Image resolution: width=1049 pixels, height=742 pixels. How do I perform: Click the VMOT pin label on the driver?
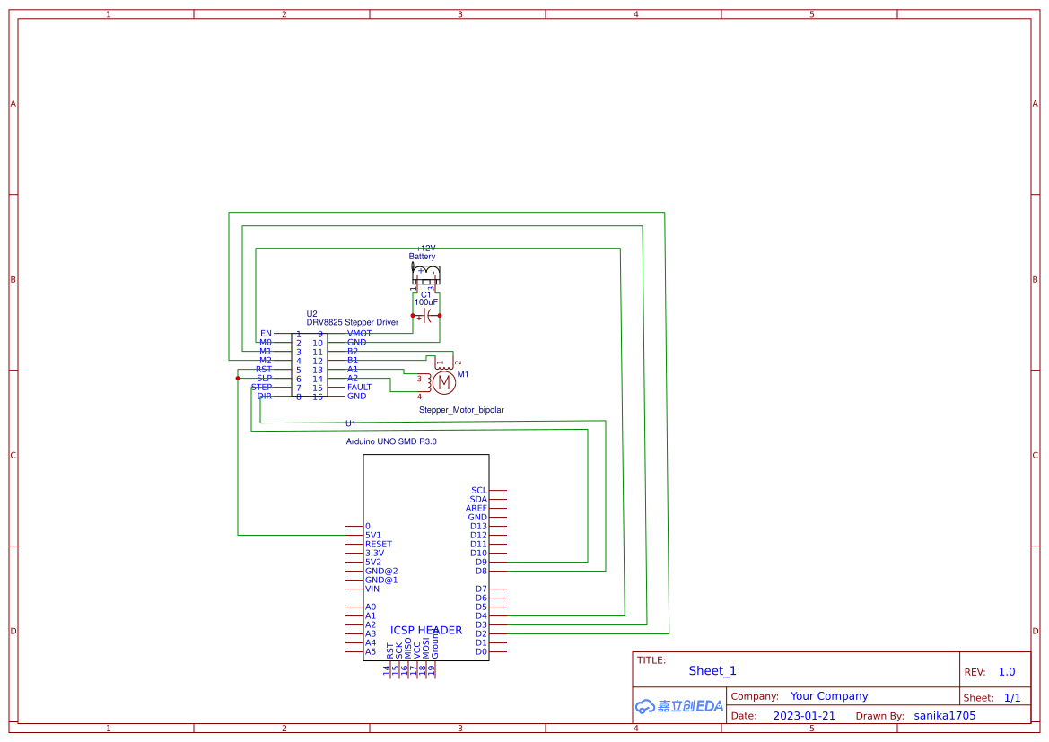click(x=359, y=334)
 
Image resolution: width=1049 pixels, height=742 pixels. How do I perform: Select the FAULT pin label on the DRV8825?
click(x=359, y=388)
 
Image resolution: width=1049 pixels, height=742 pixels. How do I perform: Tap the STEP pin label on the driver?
click(x=261, y=388)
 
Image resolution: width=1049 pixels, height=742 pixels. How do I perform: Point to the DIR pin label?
click(x=264, y=397)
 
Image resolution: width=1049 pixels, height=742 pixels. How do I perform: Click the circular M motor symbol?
click(x=445, y=382)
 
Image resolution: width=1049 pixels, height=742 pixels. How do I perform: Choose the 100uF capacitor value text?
click(x=426, y=303)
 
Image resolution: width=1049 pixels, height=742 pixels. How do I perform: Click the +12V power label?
click(x=425, y=249)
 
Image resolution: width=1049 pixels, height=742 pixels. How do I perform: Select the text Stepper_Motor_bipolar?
click(x=461, y=410)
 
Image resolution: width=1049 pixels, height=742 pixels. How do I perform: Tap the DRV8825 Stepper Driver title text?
click(x=352, y=322)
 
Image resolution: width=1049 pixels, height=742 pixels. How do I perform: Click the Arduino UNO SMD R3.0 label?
click(x=391, y=441)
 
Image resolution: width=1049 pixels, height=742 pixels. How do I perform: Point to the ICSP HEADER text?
click(x=426, y=631)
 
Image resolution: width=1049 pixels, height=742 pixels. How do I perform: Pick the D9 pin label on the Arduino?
click(x=481, y=563)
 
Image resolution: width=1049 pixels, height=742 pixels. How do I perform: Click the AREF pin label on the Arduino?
click(x=476, y=509)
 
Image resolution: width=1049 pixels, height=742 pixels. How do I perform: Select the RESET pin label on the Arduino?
click(x=378, y=545)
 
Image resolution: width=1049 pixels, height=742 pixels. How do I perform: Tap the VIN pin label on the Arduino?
click(x=372, y=589)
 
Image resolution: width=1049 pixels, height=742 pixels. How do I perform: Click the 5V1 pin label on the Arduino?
click(x=373, y=536)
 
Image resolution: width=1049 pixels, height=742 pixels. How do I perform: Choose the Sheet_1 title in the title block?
click(x=712, y=671)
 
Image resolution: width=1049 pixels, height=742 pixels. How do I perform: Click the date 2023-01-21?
click(x=804, y=716)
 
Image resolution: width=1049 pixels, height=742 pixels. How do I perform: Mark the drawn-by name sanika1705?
click(x=944, y=716)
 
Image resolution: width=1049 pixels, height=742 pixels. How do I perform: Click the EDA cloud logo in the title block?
click(x=678, y=706)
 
